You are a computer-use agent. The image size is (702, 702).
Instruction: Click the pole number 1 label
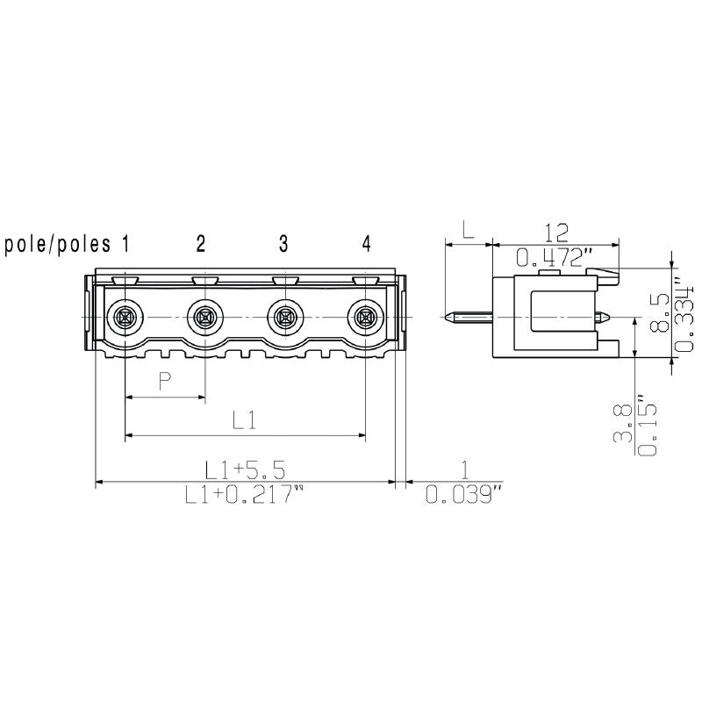click(x=125, y=244)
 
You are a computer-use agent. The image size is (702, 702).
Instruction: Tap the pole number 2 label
click(x=201, y=244)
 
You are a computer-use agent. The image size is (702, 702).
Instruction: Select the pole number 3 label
click(x=283, y=244)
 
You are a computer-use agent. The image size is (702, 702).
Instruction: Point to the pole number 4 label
click(x=366, y=244)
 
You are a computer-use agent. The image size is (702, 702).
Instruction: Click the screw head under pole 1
click(x=125, y=316)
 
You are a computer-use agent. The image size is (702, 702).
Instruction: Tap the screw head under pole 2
click(x=205, y=316)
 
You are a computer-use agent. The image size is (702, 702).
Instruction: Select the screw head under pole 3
click(x=285, y=316)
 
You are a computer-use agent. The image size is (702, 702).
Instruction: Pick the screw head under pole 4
click(x=365, y=316)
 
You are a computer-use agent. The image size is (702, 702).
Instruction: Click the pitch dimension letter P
click(x=164, y=381)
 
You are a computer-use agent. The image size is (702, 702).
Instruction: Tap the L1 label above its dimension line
click(x=244, y=420)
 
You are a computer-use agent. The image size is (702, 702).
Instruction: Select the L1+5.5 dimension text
click(x=245, y=468)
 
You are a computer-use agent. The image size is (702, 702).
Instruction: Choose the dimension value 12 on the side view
click(x=555, y=232)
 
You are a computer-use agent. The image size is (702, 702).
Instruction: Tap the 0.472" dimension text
click(x=555, y=258)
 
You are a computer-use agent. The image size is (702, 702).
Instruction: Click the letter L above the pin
click(x=469, y=232)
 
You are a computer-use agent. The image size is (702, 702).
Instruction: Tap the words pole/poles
click(x=58, y=245)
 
